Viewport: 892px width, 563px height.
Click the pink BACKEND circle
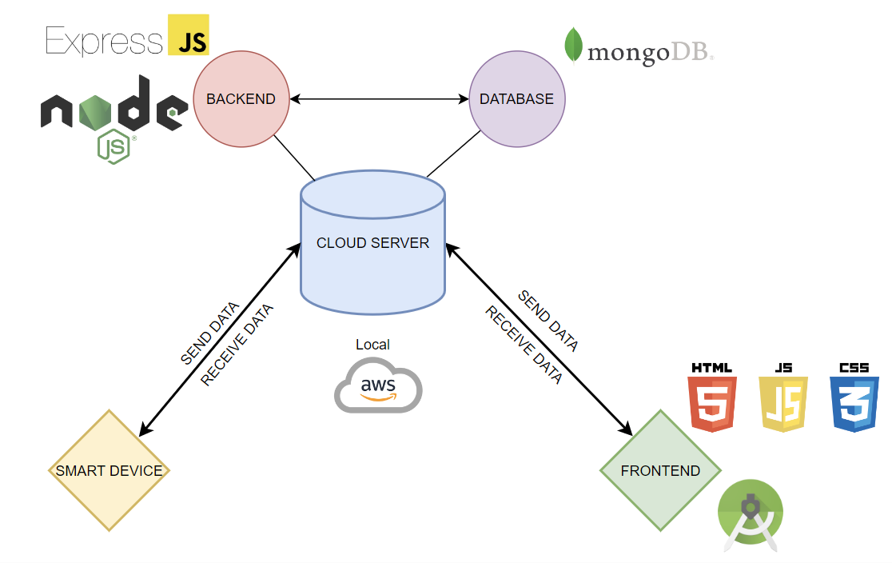coord(241,99)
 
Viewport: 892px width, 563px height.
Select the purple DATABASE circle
coord(516,99)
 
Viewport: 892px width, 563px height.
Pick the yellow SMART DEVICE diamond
coord(109,470)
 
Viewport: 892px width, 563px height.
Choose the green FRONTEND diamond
coord(660,470)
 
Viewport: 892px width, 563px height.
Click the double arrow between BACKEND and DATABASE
coord(379,99)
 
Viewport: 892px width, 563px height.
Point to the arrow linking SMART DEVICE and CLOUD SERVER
coord(220,340)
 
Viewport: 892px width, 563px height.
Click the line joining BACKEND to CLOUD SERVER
coord(294,158)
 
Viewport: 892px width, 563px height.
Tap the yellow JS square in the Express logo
coord(189,35)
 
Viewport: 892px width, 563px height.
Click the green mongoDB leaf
coord(573,45)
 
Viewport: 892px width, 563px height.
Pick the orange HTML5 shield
coord(711,397)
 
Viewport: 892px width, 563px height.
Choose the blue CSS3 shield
coord(854,397)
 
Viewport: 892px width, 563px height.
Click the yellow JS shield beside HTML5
coord(783,397)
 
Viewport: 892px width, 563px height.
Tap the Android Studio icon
coord(751,515)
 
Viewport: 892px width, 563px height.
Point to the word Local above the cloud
coord(372,345)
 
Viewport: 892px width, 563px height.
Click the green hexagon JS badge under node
coord(113,146)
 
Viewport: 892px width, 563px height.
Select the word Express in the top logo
coord(104,41)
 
